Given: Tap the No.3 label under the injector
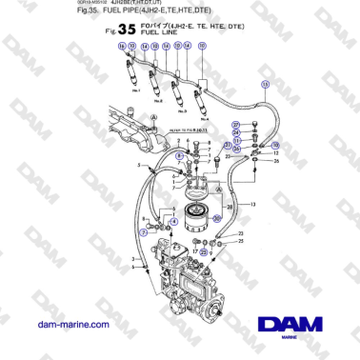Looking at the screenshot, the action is [x=180, y=110].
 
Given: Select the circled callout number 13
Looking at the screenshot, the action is [x=265, y=84].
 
